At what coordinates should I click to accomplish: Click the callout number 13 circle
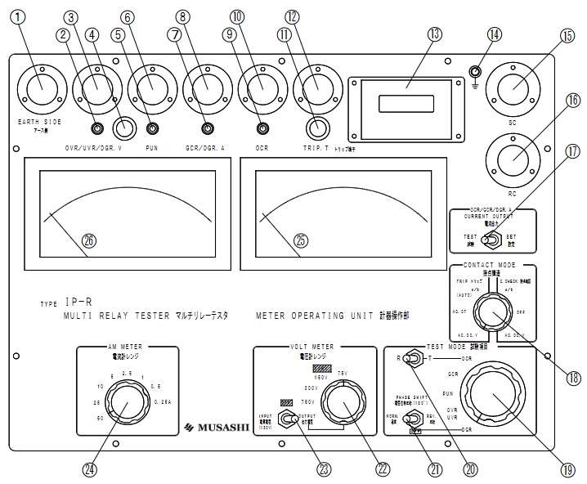coord(434,34)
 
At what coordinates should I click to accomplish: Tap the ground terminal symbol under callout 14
coord(474,73)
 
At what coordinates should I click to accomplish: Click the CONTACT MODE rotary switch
coord(490,313)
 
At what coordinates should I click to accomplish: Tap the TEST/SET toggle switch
coord(491,240)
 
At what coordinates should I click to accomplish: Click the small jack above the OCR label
coord(262,128)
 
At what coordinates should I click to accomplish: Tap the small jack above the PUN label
coord(153,128)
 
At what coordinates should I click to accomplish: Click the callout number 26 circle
coord(88,240)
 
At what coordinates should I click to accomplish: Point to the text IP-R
coord(80,301)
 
